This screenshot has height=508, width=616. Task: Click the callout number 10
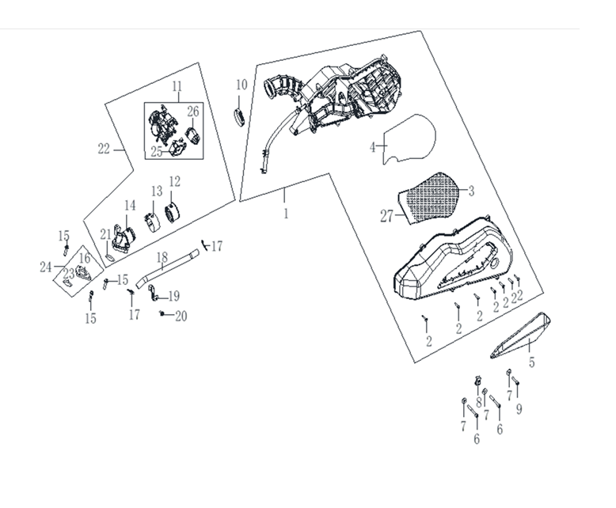coord(241,85)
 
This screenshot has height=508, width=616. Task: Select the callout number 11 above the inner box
coord(177,86)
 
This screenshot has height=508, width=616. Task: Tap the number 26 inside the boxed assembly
coord(193,112)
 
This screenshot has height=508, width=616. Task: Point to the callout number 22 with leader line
coord(104,150)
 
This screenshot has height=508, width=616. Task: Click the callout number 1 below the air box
coord(286,214)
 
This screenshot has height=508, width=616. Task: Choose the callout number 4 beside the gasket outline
coord(372,147)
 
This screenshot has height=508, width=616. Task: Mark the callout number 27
coord(386,216)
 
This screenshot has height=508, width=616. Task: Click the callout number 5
coord(531,362)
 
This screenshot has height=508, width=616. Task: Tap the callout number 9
coord(519,409)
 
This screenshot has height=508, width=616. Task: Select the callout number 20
coord(181,316)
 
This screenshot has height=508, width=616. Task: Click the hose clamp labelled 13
coord(152,222)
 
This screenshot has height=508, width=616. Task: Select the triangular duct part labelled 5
coord(520,336)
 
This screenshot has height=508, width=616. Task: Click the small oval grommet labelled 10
coord(238,117)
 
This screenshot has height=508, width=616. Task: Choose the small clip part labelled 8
coord(478,381)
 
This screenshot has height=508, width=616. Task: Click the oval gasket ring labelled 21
coord(109,258)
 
